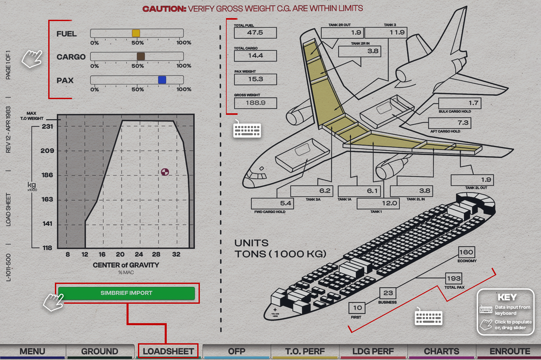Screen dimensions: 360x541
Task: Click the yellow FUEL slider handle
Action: coord(136,33)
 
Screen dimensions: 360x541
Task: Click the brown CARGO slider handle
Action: coord(141,56)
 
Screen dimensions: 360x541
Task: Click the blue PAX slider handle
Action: coord(162,80)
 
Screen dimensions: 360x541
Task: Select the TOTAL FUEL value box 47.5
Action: coord(255,33)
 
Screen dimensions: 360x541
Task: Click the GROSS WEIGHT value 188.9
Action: coord(255,103)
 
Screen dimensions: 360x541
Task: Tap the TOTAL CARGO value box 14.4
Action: coord(255,56)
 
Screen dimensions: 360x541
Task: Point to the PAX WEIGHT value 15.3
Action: coord(255,79)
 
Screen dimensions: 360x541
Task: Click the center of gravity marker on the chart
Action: coord(165,172)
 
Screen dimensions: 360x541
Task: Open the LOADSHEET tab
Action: coord(168,351)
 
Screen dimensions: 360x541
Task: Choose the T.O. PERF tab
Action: coord(305,351)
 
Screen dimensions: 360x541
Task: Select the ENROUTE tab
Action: coord(510,351)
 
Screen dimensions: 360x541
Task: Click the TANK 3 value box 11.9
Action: coord(386,33)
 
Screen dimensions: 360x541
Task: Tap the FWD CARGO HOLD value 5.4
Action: coord(272,204)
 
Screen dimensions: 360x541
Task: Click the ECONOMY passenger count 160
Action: coord(466,252)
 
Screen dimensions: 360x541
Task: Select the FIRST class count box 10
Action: coord(357,308)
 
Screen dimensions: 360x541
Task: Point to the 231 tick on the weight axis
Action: coord(47,127)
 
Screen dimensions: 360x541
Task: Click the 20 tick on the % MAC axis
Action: coord(120,255)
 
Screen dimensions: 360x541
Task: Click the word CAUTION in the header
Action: coord(164,9)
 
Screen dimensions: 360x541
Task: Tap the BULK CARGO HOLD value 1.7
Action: coord(460,103)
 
